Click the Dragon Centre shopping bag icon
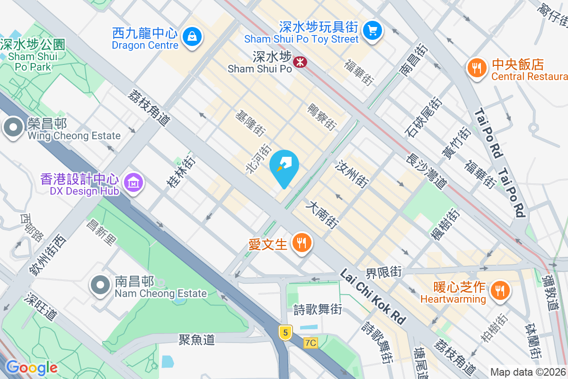(x=192, y=36)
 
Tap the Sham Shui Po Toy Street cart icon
(x=373, y=30)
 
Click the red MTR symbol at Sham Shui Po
(x=299, y=62)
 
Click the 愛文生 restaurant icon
(x=301, y=243)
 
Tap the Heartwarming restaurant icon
(x=499, y=289)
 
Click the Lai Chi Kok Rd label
(x=373, y=297)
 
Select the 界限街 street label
(x=383, y=272)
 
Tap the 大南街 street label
(x=323, y=214)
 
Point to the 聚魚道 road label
(x=197, y=339)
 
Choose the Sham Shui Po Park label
(x=33, y=56)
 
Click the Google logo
(x=32, y=368)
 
